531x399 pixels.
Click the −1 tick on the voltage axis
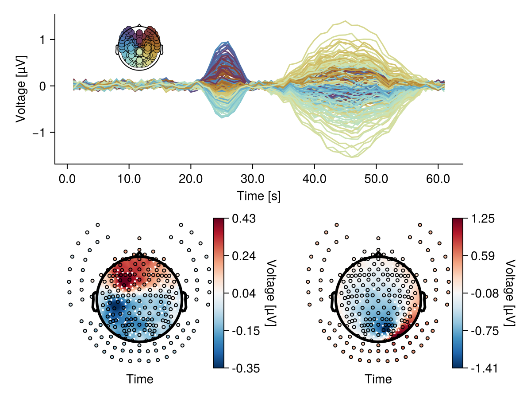[x=42, y=133]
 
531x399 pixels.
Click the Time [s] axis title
[x=258, y=196]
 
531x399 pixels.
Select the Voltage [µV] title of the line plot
[x=21, y=89]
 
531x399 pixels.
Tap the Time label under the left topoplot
[x=140, y=379]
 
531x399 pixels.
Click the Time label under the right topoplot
[x=378, y=379]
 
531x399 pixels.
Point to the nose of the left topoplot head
[x=140, y=252]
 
